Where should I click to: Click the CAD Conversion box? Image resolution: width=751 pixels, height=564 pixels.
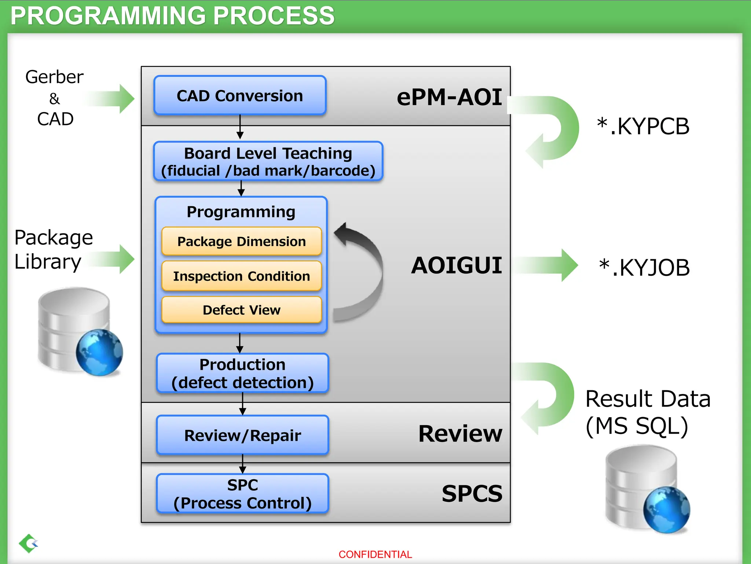(x=240, y=96)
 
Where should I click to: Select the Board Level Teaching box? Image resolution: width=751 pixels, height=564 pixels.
(x=268, y=162)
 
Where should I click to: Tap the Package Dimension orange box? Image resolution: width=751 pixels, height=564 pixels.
(x=241, y=241)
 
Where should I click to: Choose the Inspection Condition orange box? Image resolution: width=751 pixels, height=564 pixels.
(x=241, y=276)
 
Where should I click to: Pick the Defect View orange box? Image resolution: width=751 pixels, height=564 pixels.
(x=241, y=310)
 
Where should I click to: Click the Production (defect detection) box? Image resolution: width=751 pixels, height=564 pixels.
(x=242, y=373)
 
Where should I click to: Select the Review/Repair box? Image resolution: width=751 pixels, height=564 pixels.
(x=242, y=435)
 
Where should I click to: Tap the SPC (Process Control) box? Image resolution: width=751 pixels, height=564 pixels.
(x=242, y=494)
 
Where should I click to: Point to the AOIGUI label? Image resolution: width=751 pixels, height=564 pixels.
(x=456, y=265)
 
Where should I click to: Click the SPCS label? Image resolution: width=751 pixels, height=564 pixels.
(x=472, y=493)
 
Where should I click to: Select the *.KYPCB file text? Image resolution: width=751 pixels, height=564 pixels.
(x=643, y=127)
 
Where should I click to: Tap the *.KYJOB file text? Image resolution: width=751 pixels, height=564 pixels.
(x=644, y=267)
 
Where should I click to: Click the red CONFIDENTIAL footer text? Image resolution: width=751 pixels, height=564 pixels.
(x=375, y=554)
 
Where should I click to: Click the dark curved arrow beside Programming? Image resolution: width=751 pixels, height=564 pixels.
(x=363, y=272)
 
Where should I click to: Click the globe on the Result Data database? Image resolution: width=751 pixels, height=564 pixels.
(x=667, y=510)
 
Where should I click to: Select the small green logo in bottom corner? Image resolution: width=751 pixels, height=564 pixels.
(x=29, y=543)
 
